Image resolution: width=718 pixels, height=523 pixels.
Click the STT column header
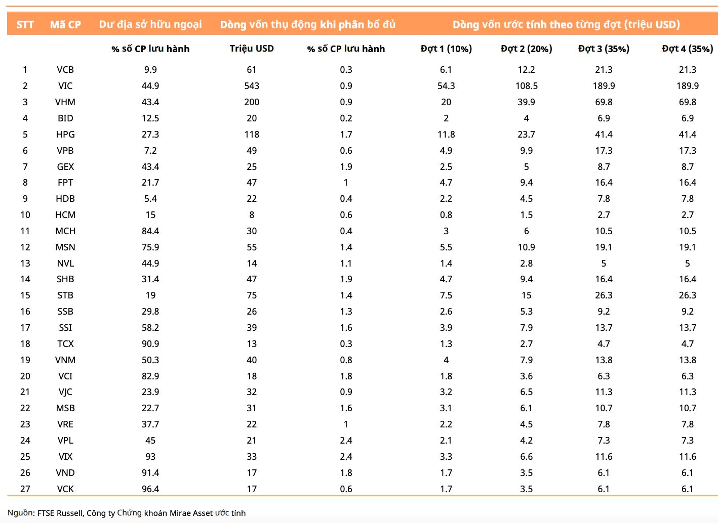[x=25, y=25]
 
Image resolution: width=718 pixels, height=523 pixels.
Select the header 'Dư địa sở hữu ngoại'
[x=150, y=25]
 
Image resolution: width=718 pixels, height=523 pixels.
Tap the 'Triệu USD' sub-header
[x=252, y=49]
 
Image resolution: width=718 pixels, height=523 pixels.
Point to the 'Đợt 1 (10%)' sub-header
[x=446, y=49]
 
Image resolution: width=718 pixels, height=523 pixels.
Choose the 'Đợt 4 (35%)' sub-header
[x=687, y=49]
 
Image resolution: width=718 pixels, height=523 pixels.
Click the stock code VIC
[x=65, y=86]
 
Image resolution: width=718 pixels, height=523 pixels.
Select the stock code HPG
[x=65, y=134]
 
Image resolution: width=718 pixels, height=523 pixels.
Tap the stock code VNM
[x=65, y=360]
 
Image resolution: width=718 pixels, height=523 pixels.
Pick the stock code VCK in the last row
[x=65, y=489]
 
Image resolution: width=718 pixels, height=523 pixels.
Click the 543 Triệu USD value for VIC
[x=252, y=86]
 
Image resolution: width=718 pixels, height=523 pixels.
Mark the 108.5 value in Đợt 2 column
[x=526, y=86]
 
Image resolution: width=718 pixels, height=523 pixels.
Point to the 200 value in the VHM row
[x=252, y=102]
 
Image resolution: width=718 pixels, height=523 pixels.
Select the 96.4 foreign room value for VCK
[x=150, y=489]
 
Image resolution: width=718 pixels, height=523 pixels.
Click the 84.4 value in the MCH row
[x=150, y=231]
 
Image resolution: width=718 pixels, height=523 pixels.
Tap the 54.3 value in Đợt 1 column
[x=446, y=86]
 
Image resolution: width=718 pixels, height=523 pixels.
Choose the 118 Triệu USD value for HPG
[x=252, y=134]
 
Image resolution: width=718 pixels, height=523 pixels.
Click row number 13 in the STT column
[x=25, y=263]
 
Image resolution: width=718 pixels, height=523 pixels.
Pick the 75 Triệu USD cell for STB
[x=252, y=295]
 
